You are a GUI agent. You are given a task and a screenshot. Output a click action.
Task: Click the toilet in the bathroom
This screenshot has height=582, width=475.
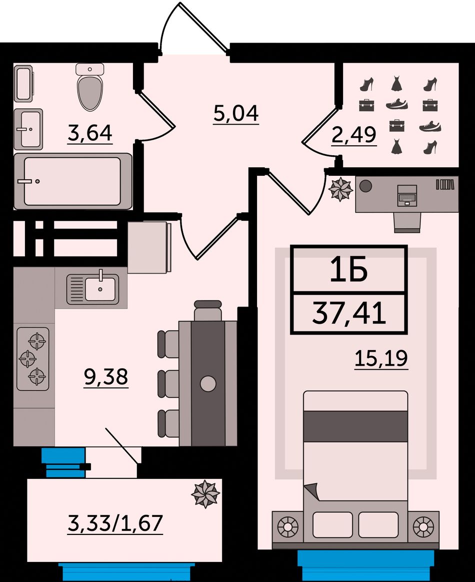[90, 87]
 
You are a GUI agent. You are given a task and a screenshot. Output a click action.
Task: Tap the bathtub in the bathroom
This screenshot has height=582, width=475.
[73, 181]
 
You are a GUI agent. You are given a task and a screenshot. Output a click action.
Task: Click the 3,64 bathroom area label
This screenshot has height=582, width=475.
[89, 133]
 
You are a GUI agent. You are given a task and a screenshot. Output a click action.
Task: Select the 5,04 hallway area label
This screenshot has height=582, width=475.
[236, 113]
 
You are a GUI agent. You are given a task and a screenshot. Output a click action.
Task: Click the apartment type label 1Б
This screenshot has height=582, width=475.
[348, 269]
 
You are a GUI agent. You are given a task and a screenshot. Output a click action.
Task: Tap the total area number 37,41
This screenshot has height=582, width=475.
[349, 313]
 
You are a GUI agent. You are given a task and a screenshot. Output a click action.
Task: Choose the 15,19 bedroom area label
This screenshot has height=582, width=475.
[381, 358]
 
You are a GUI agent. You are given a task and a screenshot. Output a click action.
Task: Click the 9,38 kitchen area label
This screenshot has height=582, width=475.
[106, 377]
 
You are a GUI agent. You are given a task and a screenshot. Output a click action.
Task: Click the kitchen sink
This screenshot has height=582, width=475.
[93, 289]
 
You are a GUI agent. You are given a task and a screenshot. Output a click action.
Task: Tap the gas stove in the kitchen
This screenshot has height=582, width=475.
[33, 359]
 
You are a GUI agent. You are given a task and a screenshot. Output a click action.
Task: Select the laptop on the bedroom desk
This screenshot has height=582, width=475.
[407, 195]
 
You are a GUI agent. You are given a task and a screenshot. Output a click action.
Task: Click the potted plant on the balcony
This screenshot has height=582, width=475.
[205, 494]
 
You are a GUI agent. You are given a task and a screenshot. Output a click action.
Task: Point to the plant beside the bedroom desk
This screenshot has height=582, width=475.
[340, 189]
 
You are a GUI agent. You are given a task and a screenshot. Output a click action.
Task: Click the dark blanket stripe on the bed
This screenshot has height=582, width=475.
[355, 426]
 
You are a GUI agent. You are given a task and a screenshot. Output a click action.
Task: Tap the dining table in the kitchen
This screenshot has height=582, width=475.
[208, 384]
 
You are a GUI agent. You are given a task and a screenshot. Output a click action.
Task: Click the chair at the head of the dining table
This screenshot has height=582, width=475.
[208, 311]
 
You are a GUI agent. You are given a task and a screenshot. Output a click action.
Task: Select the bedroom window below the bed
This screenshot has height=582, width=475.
[365, 565]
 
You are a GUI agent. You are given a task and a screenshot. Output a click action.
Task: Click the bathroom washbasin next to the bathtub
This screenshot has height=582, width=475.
[28, 129]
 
